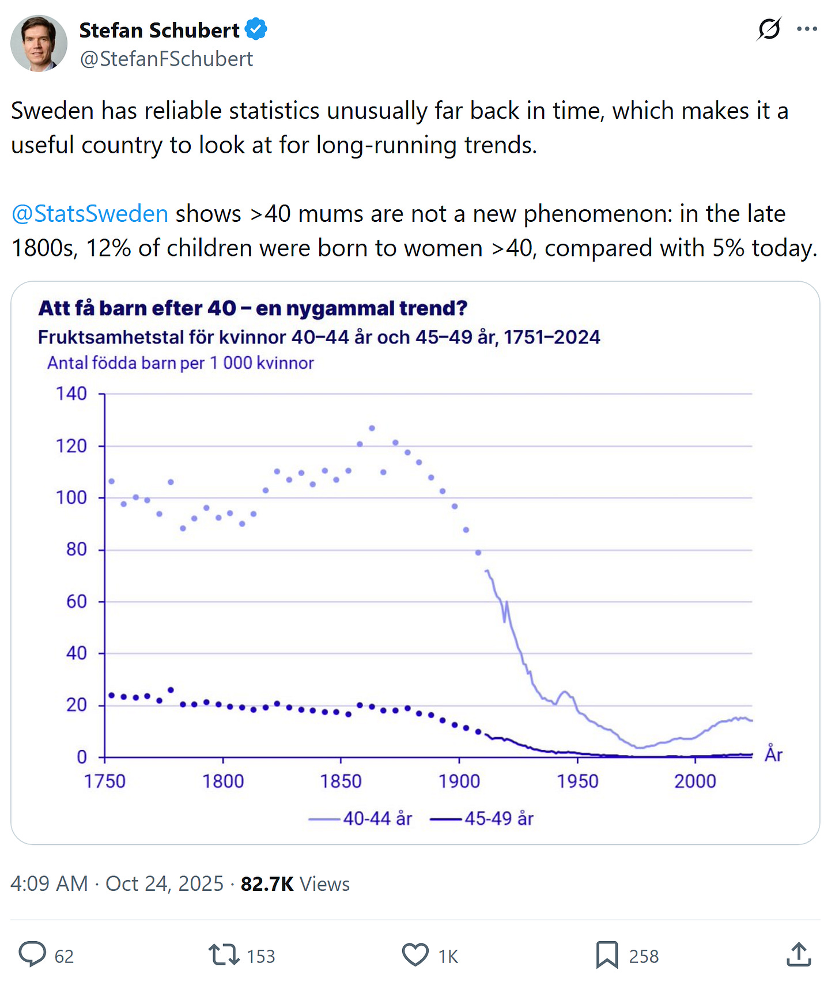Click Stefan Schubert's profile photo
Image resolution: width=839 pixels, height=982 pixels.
tap(39, 43)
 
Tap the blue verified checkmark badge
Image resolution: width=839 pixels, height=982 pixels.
tap(256, 29)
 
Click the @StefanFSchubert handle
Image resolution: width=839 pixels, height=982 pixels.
tap(167, 59)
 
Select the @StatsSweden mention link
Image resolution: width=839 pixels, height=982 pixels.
tap(90, 214)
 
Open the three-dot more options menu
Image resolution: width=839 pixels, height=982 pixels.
tap(807, 29)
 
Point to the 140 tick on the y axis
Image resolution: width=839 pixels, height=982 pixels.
tap(71, 394)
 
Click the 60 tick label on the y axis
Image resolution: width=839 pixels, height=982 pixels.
tap(76, 602)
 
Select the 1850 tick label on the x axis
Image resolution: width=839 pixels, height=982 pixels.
tap(341, 781)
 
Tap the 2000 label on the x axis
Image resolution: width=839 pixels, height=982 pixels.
tap(695, 781)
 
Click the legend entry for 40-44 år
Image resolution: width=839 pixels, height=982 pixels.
tap(361, 818)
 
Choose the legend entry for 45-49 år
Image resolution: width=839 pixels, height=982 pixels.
tap(482, 818)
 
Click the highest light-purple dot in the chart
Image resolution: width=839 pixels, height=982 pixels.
tap(372, 428)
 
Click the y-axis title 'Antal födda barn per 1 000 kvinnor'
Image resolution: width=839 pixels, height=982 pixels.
tap(180, 363)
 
